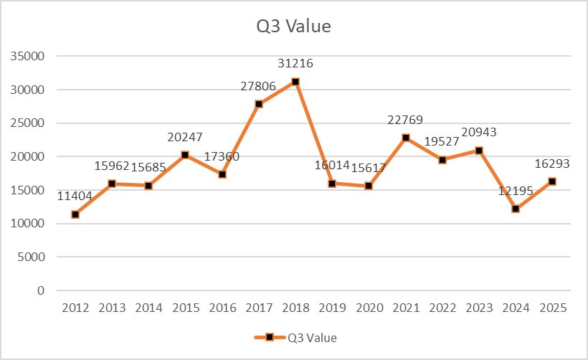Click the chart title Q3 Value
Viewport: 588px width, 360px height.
(x=294, y=27)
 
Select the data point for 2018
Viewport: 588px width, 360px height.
(x=295, y=82)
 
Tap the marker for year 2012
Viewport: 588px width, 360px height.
(x=75, y=214)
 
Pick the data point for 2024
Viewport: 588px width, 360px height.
(x=516, y=209)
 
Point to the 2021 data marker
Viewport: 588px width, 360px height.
(x=406, y=138)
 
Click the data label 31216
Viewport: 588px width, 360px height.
(x=295, y=64)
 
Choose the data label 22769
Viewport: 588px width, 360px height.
(x=406, y=119)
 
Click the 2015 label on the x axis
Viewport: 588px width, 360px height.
(x=185, y=308)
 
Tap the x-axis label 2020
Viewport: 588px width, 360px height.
(x=369, y=308)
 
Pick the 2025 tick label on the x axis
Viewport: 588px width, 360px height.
(x=552, y=308)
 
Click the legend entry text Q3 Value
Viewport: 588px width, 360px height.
(x=312, y=337)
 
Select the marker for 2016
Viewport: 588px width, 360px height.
(x=222, y=174)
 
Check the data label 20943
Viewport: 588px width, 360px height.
(x=479, y=132)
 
